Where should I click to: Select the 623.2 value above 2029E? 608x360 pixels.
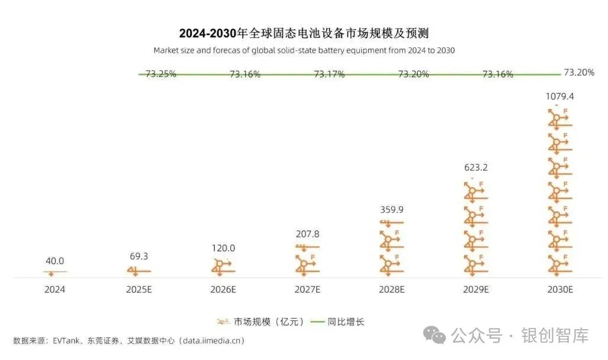(x=476, y=168)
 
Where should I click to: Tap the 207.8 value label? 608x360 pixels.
(x=307, y=234)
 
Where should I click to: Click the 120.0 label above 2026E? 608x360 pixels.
(x=223, y=248)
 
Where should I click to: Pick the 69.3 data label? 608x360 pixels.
(x=139, y=258)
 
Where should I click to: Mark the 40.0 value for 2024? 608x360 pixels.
(x=55, y=261)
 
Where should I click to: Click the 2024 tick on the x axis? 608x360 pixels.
(x=55, y=290)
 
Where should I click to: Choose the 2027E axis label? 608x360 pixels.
(x=307, y=290)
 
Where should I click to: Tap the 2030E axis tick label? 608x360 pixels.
(x=560, y=290)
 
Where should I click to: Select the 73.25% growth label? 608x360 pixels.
(x=161, y=75)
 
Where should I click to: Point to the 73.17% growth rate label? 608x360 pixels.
(x=329, y=75)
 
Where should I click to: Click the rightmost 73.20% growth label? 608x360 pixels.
(x=579, y=73)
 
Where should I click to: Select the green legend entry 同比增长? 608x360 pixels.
(x=346, y=322)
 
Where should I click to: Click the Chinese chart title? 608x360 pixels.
(x=304, y=32)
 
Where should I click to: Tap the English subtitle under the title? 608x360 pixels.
(x=304, y=50)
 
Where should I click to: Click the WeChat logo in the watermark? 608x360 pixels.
(x=438, y=336)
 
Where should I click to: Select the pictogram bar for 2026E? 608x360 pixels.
(x=223, y=267)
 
